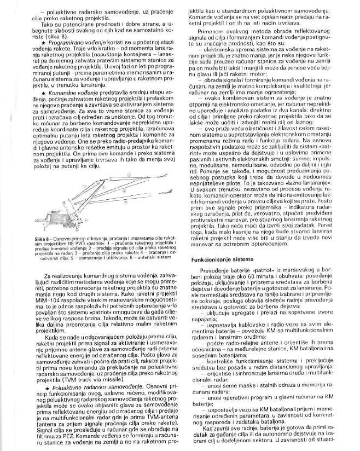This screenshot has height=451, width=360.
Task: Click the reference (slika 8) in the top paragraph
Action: click(34, 34)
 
